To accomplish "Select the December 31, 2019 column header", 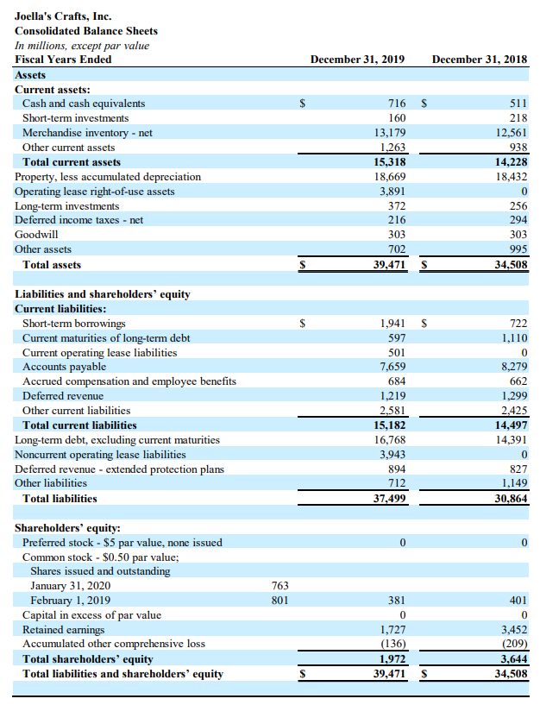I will tap(358, 59).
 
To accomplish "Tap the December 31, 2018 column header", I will tap(479, 59).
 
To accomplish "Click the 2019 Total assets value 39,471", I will tap(387, 264).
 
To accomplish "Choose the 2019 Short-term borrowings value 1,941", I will tap(392, 324).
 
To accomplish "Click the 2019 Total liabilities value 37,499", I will tap(387, 498).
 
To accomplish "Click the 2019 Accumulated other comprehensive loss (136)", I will tap(392, 644).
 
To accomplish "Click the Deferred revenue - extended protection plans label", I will tap(119, 469).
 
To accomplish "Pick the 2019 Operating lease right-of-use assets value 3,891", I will tap(392, 191).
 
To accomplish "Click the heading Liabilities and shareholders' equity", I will tap(103, 294).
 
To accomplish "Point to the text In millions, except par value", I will tap(82, 45).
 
